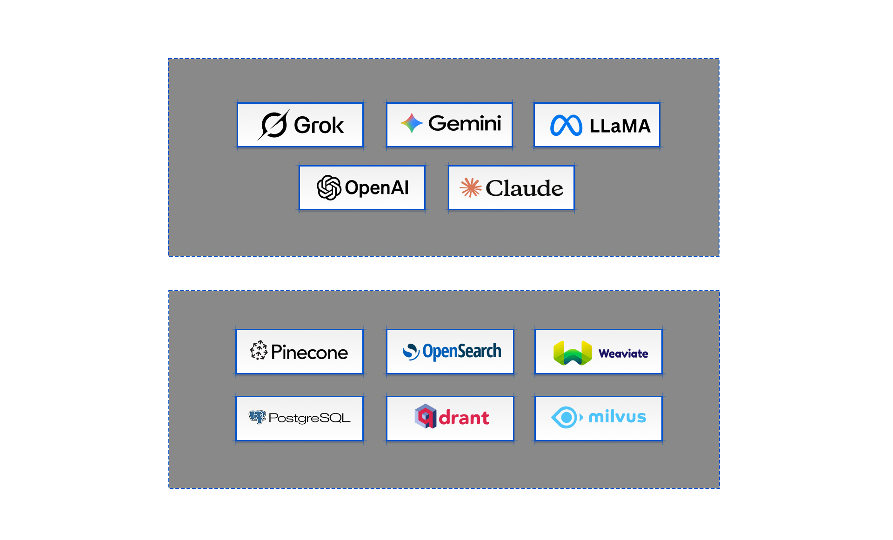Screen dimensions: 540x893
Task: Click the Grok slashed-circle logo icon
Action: click(x=273, y=125)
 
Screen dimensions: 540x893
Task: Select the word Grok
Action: click(x=319, y=125)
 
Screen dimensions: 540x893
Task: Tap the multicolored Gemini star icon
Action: click(x=412, y=123)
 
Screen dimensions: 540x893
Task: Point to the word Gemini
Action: click(x=465, y=123)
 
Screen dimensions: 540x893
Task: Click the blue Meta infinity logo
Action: click(x=566, y=125)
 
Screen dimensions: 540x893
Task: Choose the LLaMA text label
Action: click(x=620, y=126)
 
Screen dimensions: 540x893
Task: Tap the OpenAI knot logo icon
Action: click(x=329, y=187)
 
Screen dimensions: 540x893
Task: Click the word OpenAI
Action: click(x=377, y=188)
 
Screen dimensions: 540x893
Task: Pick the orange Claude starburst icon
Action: click(x=471, y=187)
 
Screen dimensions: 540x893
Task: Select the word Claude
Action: click(x=524, y=188)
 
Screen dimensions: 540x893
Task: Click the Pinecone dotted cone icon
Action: click(x=259, y=350)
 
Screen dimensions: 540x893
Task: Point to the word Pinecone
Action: click(x=309, y=353)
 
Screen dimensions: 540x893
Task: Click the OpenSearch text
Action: click(x=462, y=351)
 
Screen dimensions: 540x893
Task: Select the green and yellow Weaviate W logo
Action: click(x=573, y=353)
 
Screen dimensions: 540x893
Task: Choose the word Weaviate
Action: click(x=623, y=353)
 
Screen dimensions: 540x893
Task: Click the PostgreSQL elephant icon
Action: click(x=257, y=417)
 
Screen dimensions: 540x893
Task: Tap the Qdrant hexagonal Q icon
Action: click(x=426, y=416)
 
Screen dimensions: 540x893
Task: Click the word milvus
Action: click(x=617, y=417)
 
